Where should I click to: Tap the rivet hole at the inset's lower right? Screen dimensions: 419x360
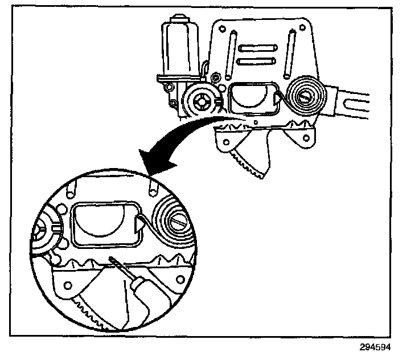pos(180,279)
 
